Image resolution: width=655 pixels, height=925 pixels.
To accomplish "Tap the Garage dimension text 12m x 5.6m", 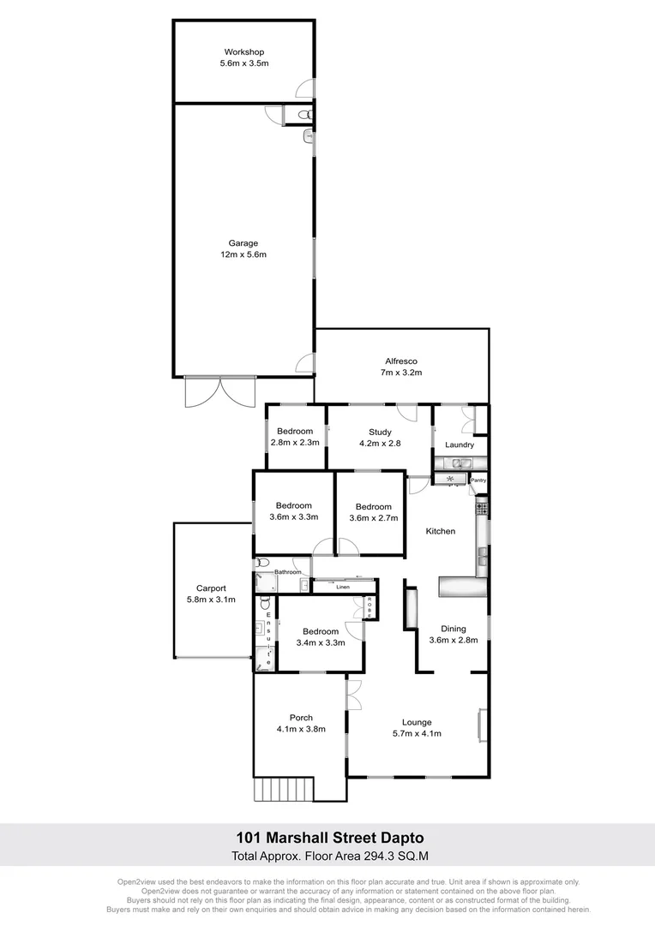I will (243, 254).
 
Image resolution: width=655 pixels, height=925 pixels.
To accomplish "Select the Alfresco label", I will (401, 361).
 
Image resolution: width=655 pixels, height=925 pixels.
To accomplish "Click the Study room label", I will (380, 433).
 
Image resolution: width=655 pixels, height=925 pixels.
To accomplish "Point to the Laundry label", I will (460, 445).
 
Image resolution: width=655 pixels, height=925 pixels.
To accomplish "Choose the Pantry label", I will (478, 480).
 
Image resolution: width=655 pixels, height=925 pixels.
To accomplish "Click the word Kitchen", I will (441, 531).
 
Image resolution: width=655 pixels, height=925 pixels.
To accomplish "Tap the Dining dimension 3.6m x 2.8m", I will (453, 640).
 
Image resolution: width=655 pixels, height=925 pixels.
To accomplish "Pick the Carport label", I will (211, 588).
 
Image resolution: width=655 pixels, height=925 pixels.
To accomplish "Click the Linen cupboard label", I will (343, 588).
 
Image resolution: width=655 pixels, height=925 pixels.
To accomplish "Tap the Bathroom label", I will (287, 571).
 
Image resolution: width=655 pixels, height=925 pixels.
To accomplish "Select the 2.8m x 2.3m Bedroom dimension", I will (295, 443).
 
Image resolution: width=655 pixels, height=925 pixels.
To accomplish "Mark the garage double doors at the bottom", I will (220, 391).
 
